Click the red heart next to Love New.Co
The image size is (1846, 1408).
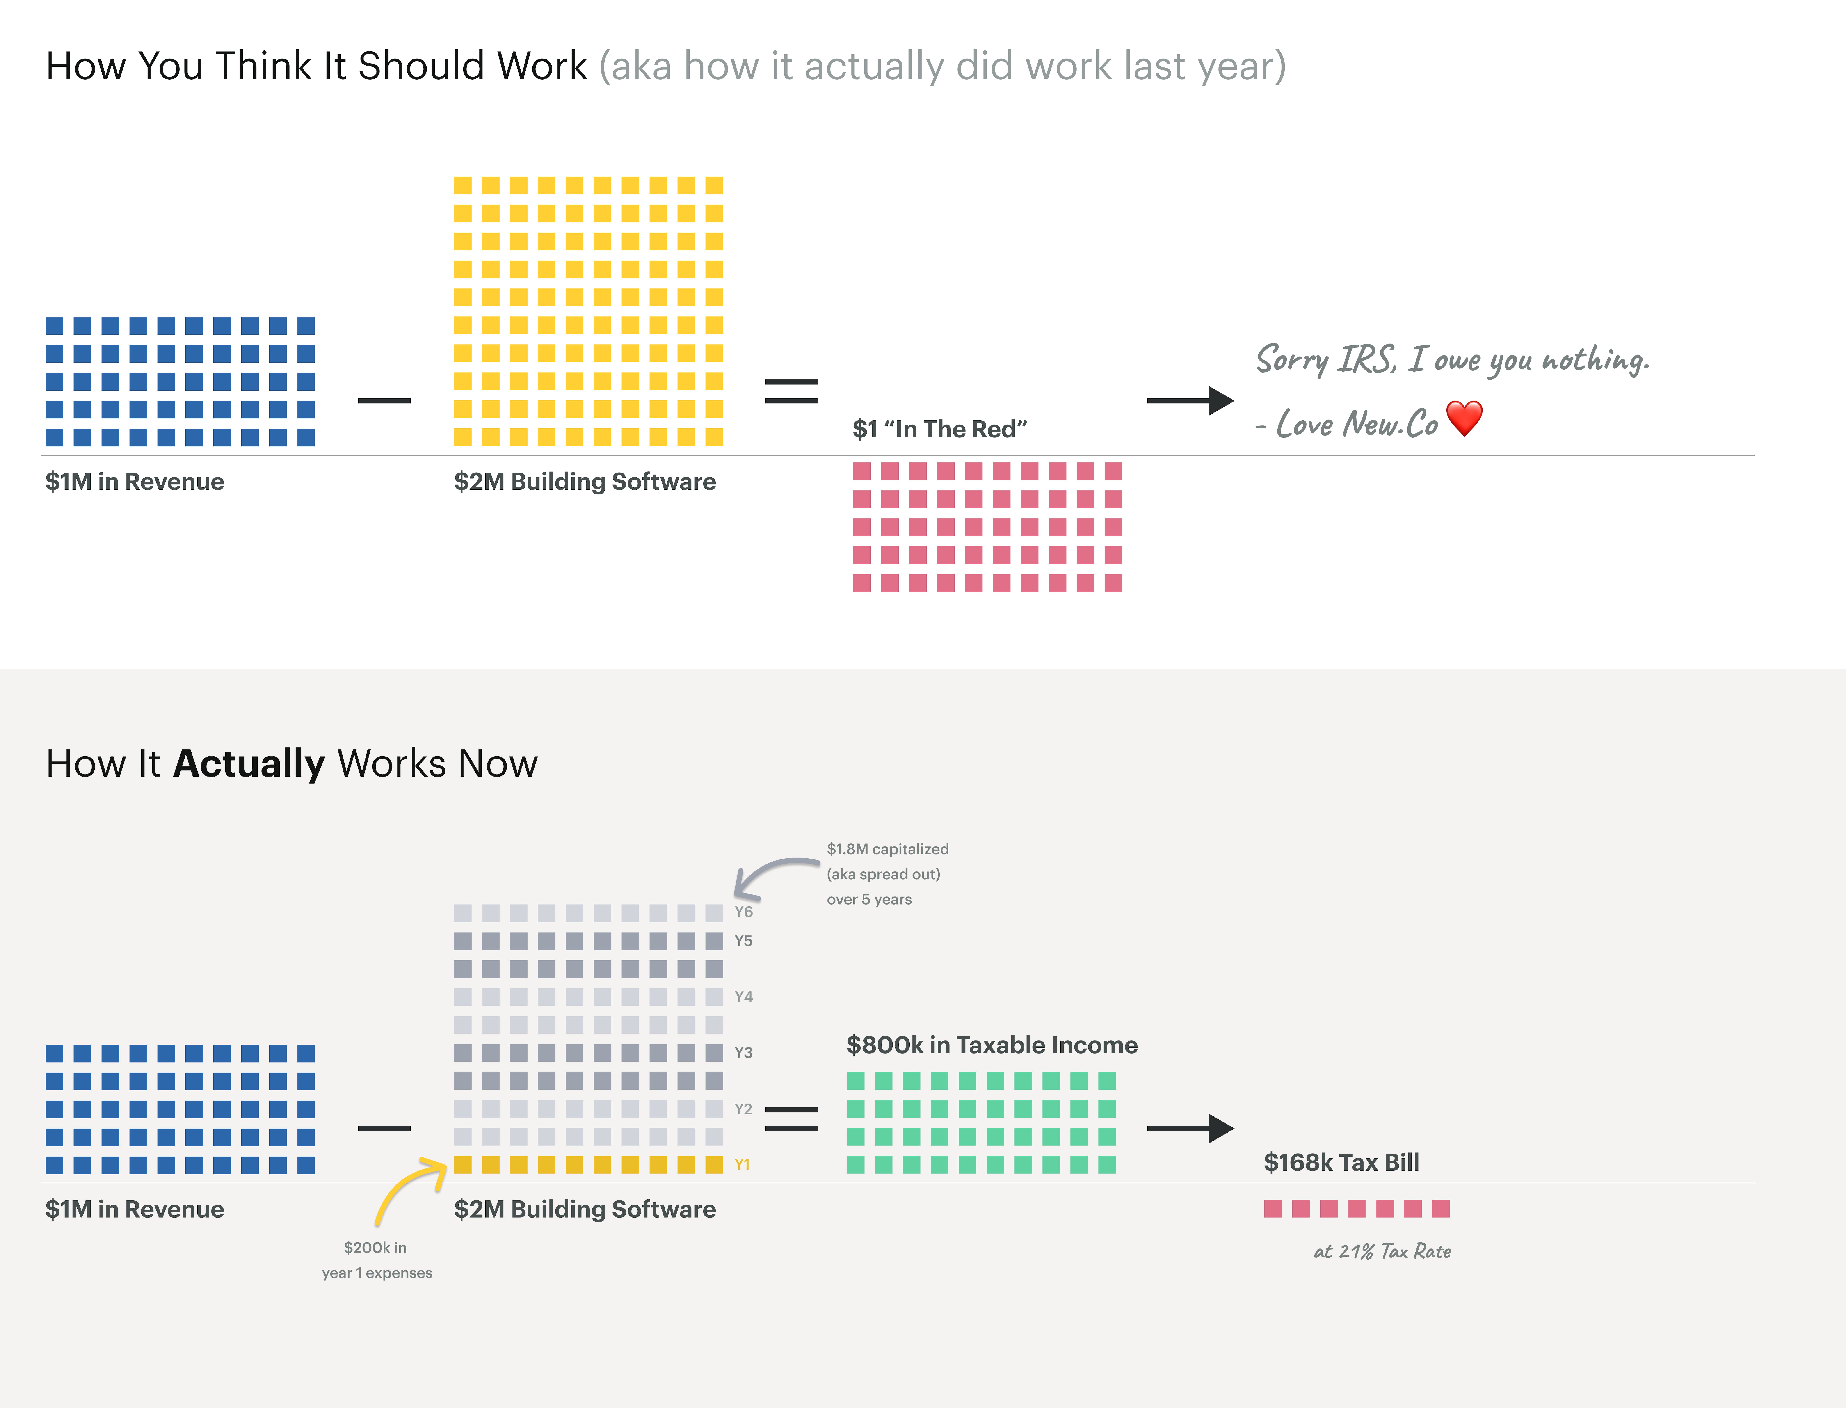[x=1464, y=418]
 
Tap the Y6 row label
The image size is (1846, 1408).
[x=743, y=912]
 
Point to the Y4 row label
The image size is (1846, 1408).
[x=743, y=997]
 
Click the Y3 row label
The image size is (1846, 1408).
[x=743, y=1053]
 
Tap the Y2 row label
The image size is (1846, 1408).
[x=743, y=1109]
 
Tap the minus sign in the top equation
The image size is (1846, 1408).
[x=384, y=401]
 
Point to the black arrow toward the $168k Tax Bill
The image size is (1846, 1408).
[x=1190, y=1128]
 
